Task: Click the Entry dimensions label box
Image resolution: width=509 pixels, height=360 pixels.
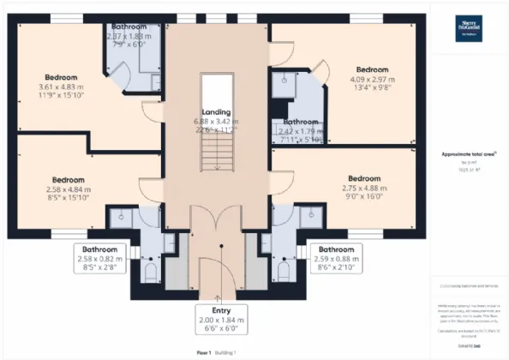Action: pyautogui.click(x=221, y=317)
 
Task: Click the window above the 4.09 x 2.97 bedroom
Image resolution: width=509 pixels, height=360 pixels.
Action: pyautogui.click(x=364, y=18)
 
